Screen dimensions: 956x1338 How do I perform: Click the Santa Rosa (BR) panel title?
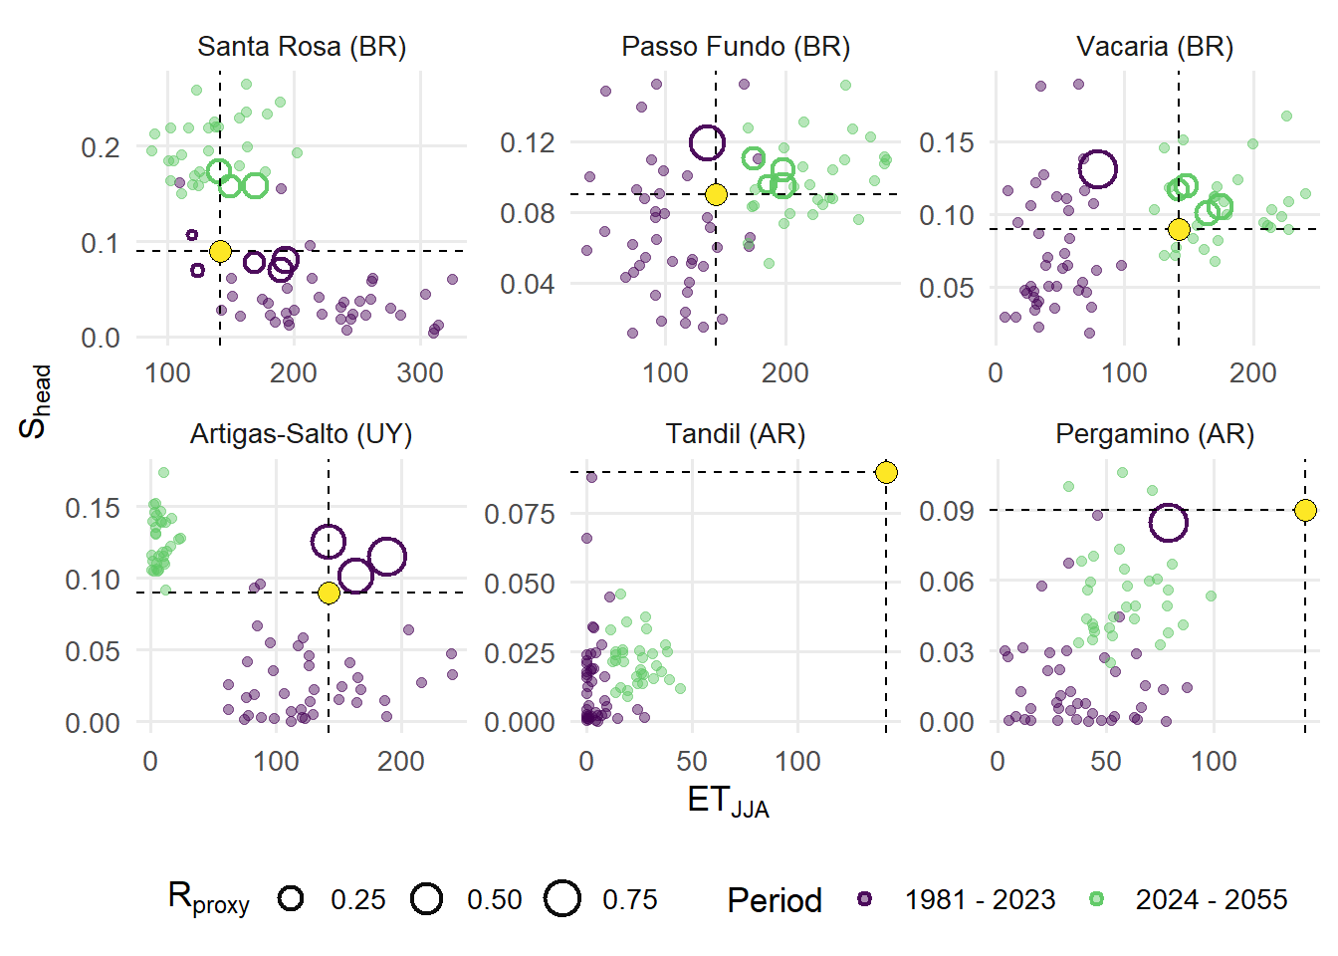tap(302, 47)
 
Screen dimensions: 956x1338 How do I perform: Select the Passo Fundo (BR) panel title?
tap(736, 47)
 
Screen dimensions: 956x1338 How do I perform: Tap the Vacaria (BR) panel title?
tap(1155, 47)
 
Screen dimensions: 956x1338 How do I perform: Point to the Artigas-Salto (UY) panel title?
tap(301, 434)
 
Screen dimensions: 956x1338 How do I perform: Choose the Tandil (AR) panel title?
tap(736, 434)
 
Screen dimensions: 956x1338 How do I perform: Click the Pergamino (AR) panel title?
tap(1155, 434)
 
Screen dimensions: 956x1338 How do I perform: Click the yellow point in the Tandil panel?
tap(886, 472)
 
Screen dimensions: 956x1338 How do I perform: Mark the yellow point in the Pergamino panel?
tap(1305, 510)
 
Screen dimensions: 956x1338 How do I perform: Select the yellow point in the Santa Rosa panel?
tap(220, 251)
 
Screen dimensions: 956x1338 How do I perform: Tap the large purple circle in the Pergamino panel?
tap(1168, 522)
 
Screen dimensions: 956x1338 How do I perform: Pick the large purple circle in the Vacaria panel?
tap(1097, 169)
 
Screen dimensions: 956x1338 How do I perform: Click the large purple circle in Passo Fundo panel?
tap(707, 143)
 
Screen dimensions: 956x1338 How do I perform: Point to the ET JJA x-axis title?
tap(728, 802)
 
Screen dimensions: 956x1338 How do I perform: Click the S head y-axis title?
tap(35, 401)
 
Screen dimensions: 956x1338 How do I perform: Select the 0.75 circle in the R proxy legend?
tap(562, 899)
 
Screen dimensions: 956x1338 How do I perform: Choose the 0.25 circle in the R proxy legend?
tap(291, 899)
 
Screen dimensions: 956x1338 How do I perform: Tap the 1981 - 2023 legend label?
tap(980, 900)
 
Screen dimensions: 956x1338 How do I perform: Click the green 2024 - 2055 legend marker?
tap(1096, 899)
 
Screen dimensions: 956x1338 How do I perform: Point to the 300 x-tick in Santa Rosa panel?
tap(420, 373)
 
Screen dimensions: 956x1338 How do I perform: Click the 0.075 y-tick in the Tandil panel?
tap(519, 514)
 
